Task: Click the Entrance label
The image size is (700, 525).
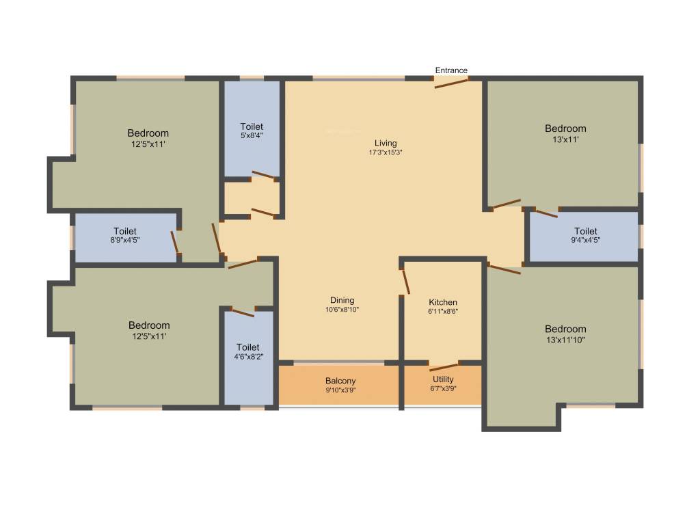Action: pyautogui.click(x=451, y=70)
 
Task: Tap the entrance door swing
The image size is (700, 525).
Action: pyautogui.click(x=451, y=83)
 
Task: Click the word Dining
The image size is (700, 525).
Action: pyautogui.click(x=342, y=300)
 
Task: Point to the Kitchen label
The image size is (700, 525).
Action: pyautogui.click(x=443, y=302)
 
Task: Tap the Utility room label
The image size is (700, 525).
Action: pyautogui.click(x=443, y=379)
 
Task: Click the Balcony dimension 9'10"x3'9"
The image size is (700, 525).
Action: pyautogui.click(x=340, y=390)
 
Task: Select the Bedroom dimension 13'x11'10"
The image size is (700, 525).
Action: pyautogui.click(x=565, y=339)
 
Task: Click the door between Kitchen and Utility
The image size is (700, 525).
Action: pyautogui.click(x=444, y=366)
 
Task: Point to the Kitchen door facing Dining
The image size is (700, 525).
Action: pyautogui.click(x=405, y=282)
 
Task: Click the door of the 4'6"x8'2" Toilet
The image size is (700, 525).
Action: pyautogui.click(x=243, y=312)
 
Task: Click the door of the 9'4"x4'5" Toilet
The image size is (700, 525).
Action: pyautogui.click(x=546, y=213)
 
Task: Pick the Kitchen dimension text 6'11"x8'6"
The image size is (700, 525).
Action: pyautogui.click(x=443, y=312)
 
